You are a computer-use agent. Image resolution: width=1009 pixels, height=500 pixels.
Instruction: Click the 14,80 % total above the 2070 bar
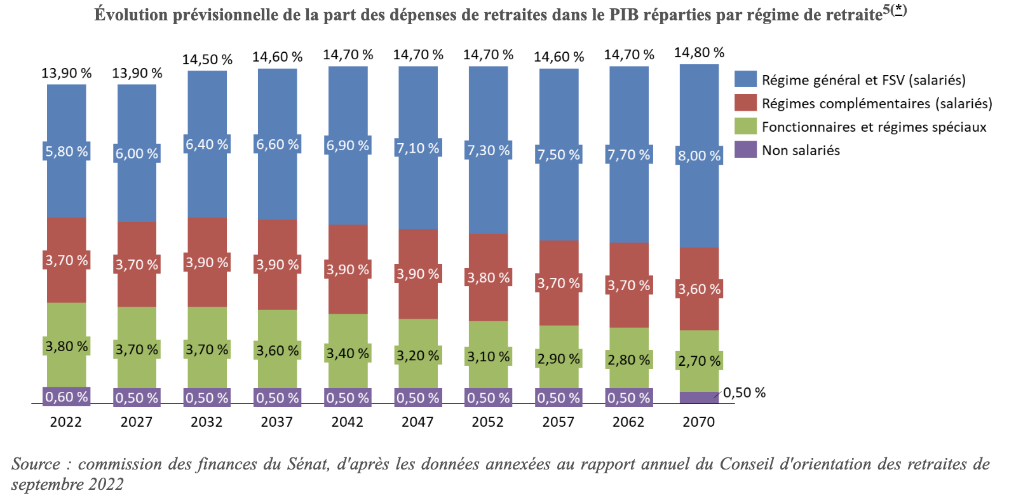699,53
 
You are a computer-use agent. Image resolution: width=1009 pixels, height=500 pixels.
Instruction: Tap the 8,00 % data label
699,156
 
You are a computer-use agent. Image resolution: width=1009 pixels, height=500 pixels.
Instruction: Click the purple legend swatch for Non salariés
745,150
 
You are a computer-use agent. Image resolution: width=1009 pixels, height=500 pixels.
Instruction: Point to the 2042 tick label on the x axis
347,422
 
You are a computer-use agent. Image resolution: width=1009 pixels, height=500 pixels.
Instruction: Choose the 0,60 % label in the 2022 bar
66,397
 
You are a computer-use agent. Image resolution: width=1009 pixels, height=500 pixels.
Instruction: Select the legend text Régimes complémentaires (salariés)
876,104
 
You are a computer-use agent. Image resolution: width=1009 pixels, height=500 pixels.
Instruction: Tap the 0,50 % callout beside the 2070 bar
744,392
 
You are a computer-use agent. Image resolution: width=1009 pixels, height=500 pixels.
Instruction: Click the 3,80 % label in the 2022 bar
66,347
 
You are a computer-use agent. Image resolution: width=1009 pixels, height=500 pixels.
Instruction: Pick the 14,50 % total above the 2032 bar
207,60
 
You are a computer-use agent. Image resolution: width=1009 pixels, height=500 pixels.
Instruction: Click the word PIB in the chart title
624,15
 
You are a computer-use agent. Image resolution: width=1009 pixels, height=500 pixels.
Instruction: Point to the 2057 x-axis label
558,422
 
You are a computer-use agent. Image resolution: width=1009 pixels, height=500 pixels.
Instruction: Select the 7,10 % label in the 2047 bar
417,148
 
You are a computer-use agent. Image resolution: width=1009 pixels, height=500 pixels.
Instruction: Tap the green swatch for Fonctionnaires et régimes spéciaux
745,127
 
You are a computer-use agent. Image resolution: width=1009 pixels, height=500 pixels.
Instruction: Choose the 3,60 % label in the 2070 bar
699,289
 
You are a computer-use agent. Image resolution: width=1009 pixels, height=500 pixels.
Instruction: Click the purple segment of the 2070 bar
699,398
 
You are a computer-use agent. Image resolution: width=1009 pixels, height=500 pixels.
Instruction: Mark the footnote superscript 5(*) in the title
894,10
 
